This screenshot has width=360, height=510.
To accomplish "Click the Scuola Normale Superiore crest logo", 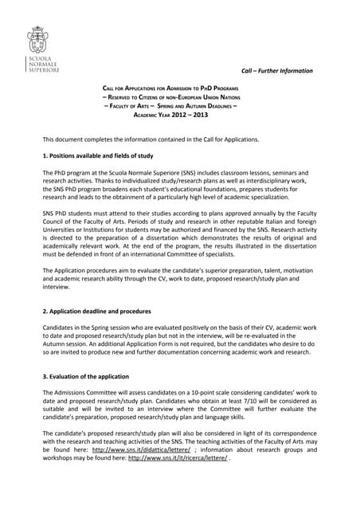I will pyautogui.click(x=37, y=40).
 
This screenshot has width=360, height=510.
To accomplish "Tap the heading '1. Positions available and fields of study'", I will pyautogui.click(x=98, y=155).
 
